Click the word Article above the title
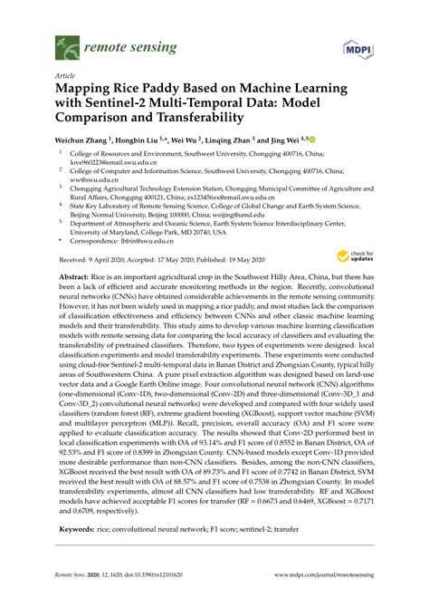point(65,77)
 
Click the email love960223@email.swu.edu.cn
point(103,163)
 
